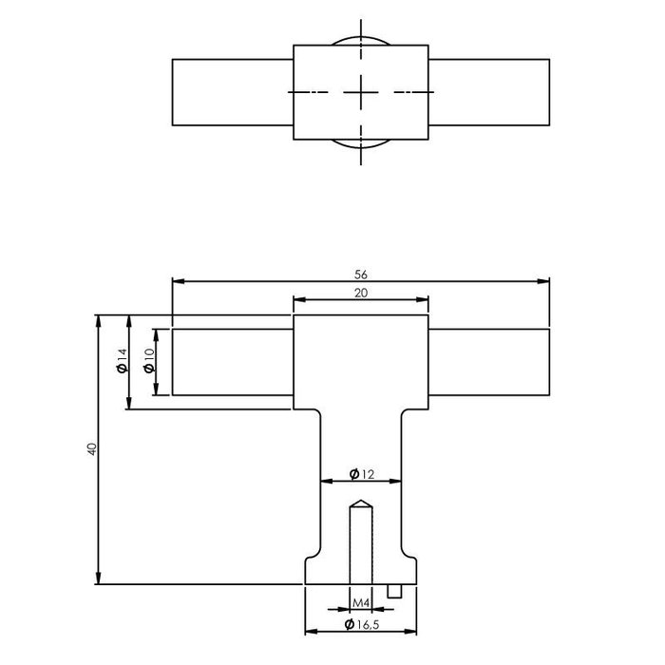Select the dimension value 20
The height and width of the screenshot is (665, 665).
point(361,294)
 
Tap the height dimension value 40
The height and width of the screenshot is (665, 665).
point(91,448)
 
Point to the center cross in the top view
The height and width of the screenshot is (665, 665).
point(361,92)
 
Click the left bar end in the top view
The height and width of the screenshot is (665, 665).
point(174,92)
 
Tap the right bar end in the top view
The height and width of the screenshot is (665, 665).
point(548,92)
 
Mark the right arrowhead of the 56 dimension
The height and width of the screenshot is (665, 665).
point(545,281)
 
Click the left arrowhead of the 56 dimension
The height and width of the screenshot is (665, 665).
point(177,281)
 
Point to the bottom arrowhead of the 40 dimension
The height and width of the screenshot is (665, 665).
point(98,579)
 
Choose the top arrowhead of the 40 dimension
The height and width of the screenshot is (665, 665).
point(98,319)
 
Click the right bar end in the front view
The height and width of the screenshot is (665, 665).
point(548,362)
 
